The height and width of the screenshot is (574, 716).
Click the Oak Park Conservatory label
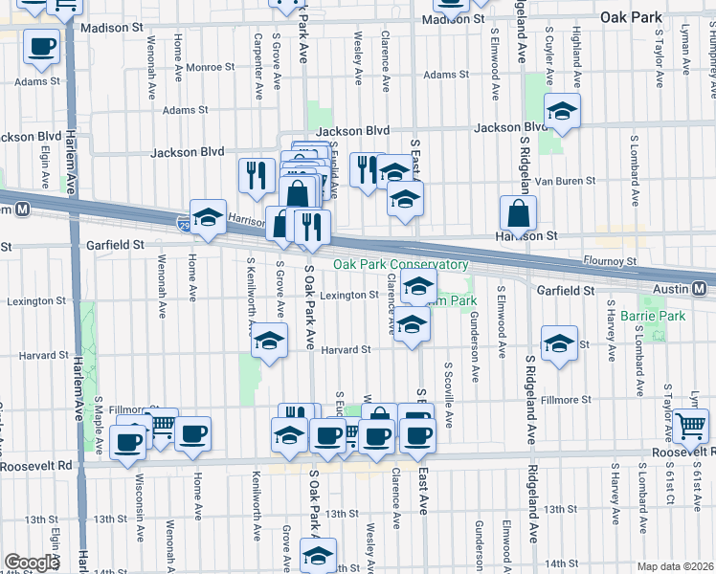tap(401, 265)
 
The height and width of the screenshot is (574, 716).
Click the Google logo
tap(32, 563)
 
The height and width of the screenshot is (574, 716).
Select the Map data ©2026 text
tap(676, 566)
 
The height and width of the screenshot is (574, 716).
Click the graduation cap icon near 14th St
tap(319, 554)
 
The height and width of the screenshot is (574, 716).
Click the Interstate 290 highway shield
tap(184, 225)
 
